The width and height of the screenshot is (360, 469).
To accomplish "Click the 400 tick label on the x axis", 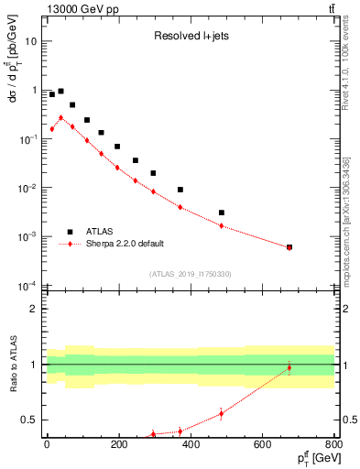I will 191,445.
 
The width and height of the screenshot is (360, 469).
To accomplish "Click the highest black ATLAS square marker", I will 60,92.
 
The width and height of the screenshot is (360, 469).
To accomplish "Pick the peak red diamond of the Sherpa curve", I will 60,117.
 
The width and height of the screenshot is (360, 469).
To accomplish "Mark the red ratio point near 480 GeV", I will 222,413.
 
